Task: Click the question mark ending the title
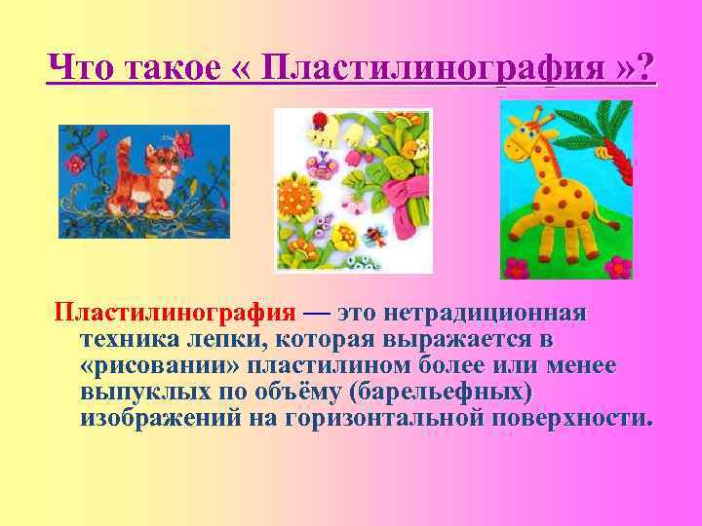[x=646, y=69]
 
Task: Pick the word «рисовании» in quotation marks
[x=160, y=366]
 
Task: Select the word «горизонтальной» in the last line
[x=386, y=419]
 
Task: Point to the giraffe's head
[x=532, y=131]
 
